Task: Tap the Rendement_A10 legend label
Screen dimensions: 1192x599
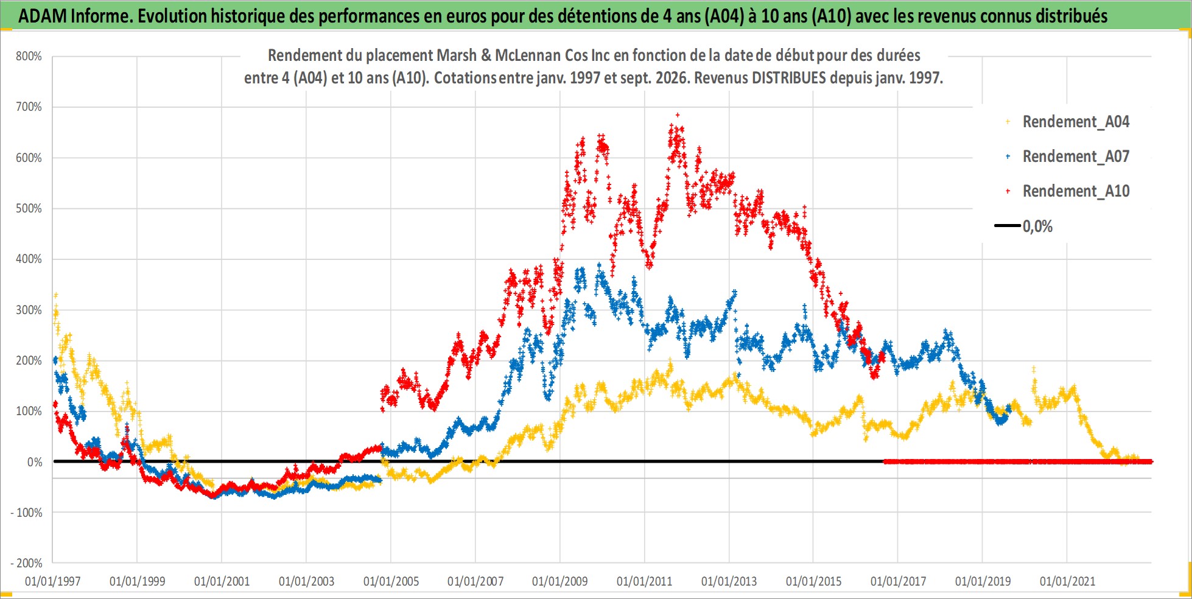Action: (x=1076, y=191)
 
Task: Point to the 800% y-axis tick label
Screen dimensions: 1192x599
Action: (x=29, y=57)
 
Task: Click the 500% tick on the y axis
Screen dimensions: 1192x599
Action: (x=29, y=209)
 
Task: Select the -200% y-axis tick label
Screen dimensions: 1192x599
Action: (x=26, y=564)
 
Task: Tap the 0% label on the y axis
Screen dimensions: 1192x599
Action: (x=35, y=462)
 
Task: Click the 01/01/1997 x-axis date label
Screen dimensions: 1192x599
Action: (x=52, y=581)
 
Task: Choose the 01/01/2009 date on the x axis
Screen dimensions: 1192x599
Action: (x=560, y=581)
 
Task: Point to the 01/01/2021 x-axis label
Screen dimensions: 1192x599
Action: (x=1067, y=581)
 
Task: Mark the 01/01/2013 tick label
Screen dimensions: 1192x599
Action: (x=729, y=581)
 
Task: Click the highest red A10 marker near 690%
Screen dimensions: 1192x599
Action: (x=678, y=114)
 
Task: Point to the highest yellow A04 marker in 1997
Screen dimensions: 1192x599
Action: (x=56, y=295)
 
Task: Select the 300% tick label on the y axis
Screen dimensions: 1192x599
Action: (x=29, y=310)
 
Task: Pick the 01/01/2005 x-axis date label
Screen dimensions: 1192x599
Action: (x=391, y=581)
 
